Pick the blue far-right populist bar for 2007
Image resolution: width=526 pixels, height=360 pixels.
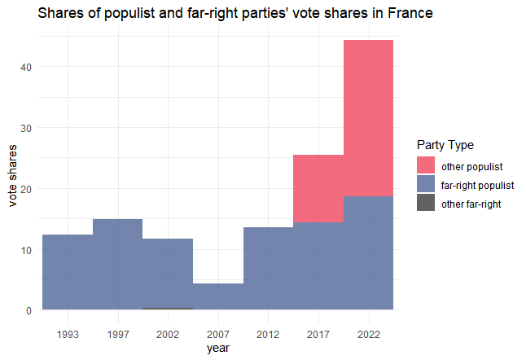(x=217, y=296)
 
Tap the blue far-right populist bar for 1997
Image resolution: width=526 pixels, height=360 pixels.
(x=117, y=264)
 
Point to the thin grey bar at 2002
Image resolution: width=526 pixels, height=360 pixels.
(x=168, y=309)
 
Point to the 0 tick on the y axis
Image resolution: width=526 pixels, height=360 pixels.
(x=29, y=310)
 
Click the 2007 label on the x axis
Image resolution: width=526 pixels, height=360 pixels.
(x=217, y=333)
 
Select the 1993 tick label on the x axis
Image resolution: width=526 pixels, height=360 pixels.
(x=68, y=333)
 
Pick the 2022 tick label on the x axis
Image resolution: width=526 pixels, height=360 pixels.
(x=369, y=333)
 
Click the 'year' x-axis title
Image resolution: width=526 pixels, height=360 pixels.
(x=217, y=349)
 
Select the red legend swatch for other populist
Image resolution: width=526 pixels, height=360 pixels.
(x=426, y=166)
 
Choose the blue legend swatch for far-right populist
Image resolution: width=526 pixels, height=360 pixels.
(x=426, y=185)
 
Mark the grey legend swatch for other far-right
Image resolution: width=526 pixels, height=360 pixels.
(x=426, y=204)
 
